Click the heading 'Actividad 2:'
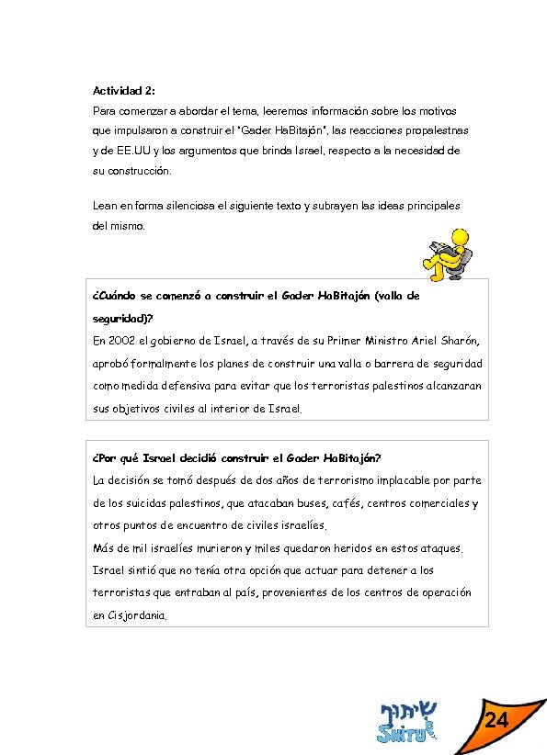[124, 91]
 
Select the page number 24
[496, 720]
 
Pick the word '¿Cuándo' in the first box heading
[115, 297]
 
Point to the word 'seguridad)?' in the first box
[123, 319]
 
